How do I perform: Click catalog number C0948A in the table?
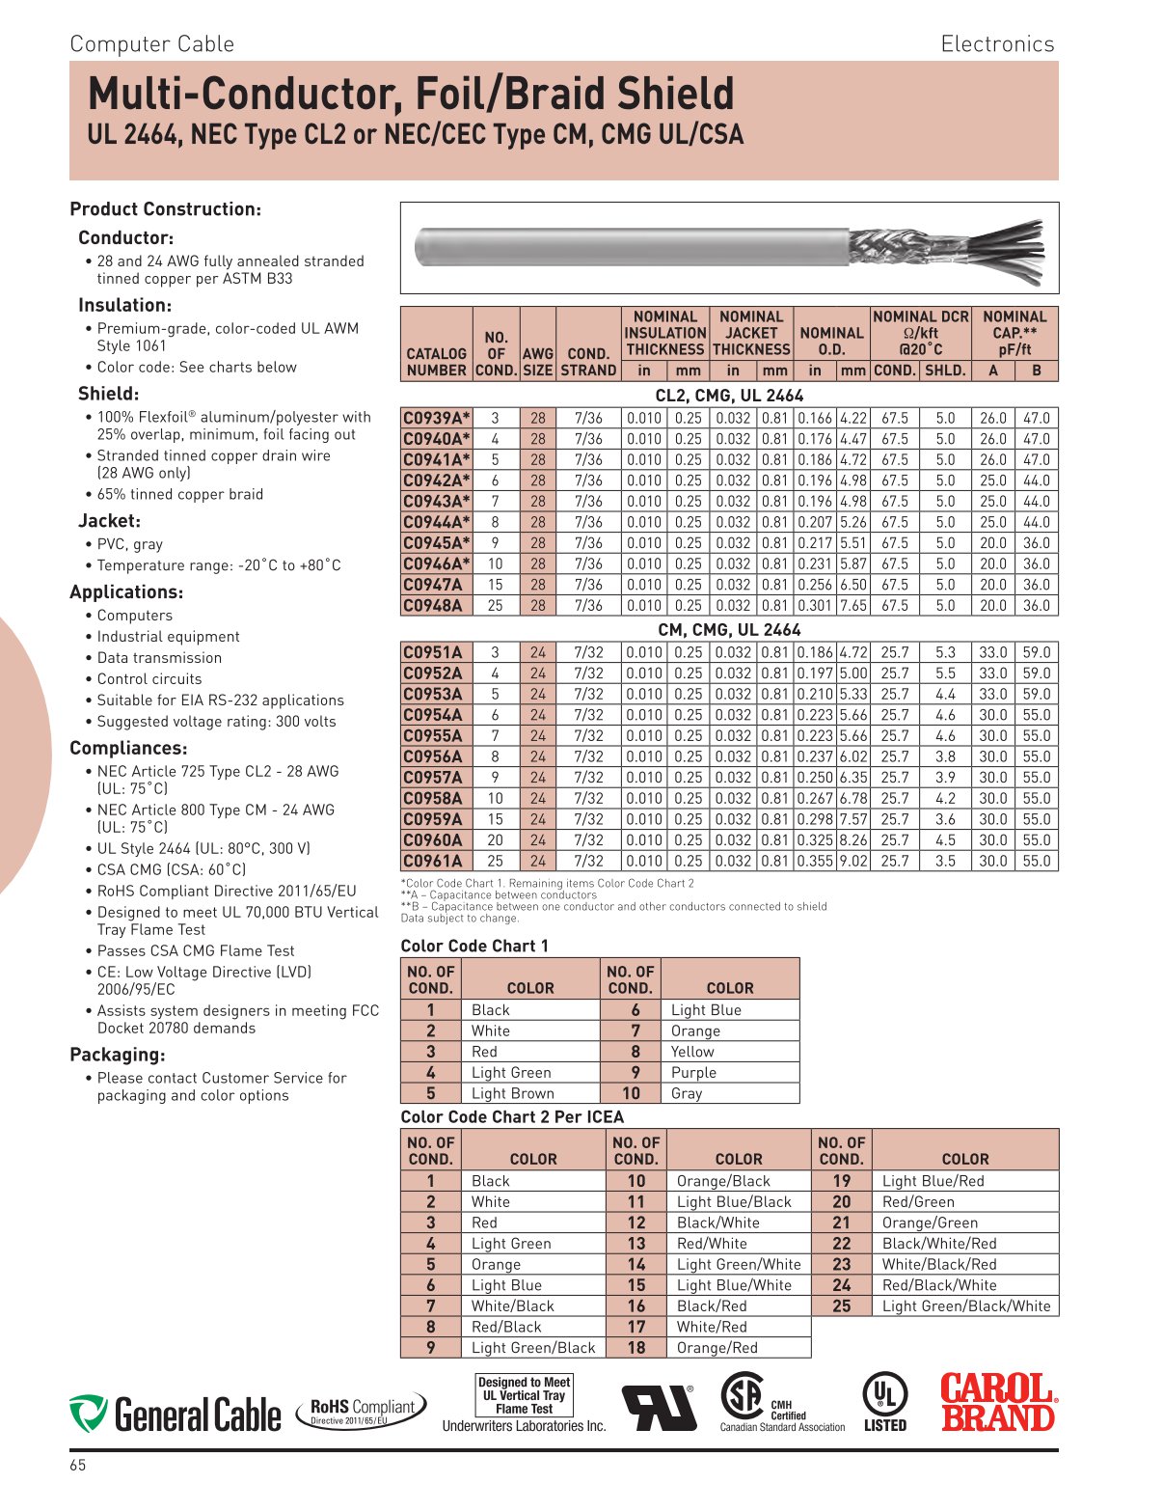click(432, 606)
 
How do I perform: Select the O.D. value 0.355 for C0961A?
click(815, 861)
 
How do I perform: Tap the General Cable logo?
click(175, 1414)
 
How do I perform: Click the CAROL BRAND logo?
click(998, 1402)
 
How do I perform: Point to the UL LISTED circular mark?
click(884, 1402)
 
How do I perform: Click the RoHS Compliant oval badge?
click(362, 1411)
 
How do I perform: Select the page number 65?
click(78, 1465)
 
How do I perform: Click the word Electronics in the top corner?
click(997, 44)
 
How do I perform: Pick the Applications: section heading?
click(126, 592)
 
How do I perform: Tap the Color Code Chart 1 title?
click(474, 946)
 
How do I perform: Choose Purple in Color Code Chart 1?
click(693, 1072)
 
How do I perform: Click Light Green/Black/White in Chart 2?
click(965, 1305)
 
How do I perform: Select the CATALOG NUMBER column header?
click(436, 362)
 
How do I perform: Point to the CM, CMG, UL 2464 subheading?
click(729, 630)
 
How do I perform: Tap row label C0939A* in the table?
click(436, 418)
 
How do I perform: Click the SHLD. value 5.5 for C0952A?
click(945, 673)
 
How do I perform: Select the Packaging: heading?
click(118, 1055)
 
